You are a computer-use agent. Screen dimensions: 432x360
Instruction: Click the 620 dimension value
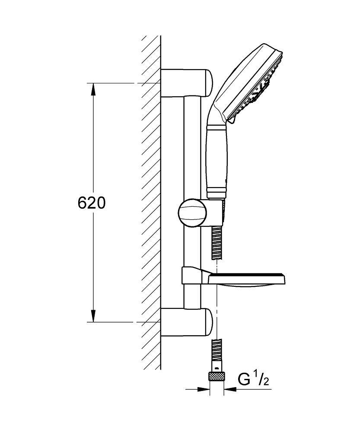(92, 203)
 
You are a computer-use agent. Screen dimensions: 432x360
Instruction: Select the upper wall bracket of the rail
(187, 83)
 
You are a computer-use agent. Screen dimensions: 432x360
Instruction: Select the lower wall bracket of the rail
(187, 322)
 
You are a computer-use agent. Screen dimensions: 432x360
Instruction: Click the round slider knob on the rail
(190, 212)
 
